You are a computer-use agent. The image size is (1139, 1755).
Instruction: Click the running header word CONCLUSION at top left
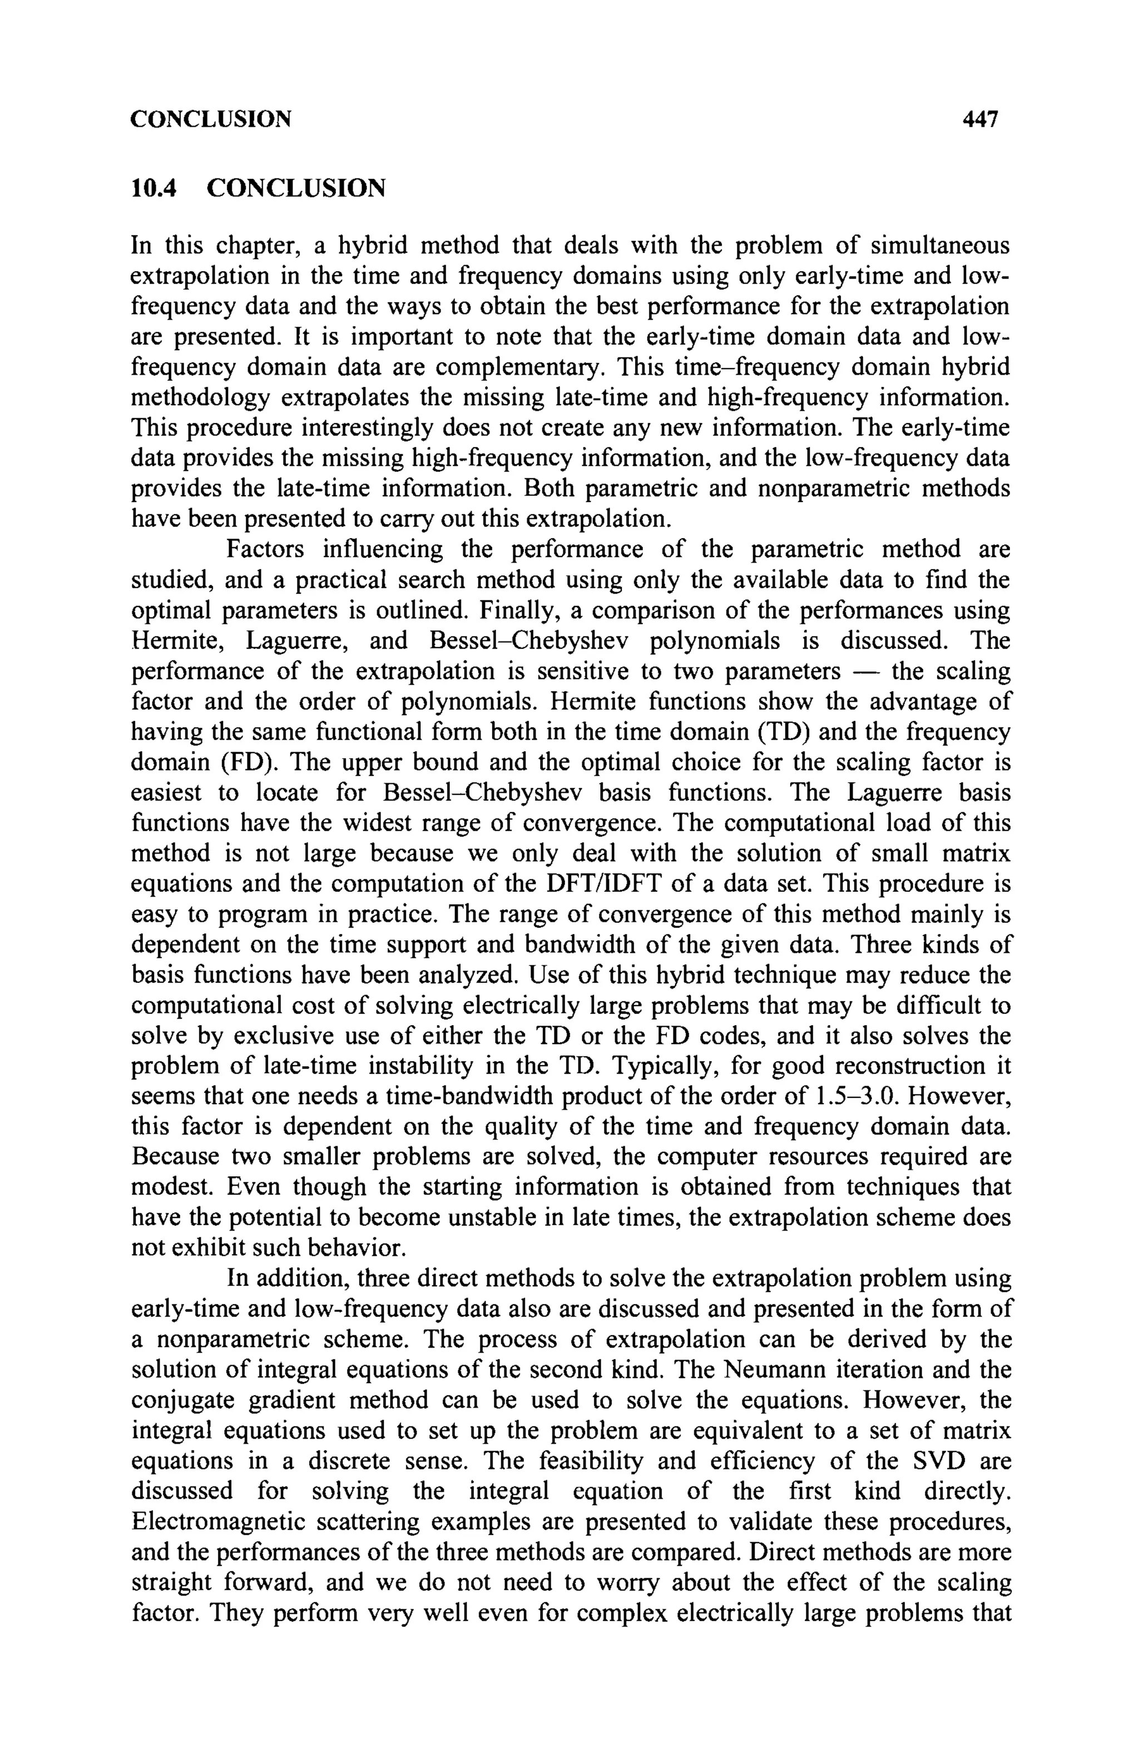[x=210, y=119]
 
